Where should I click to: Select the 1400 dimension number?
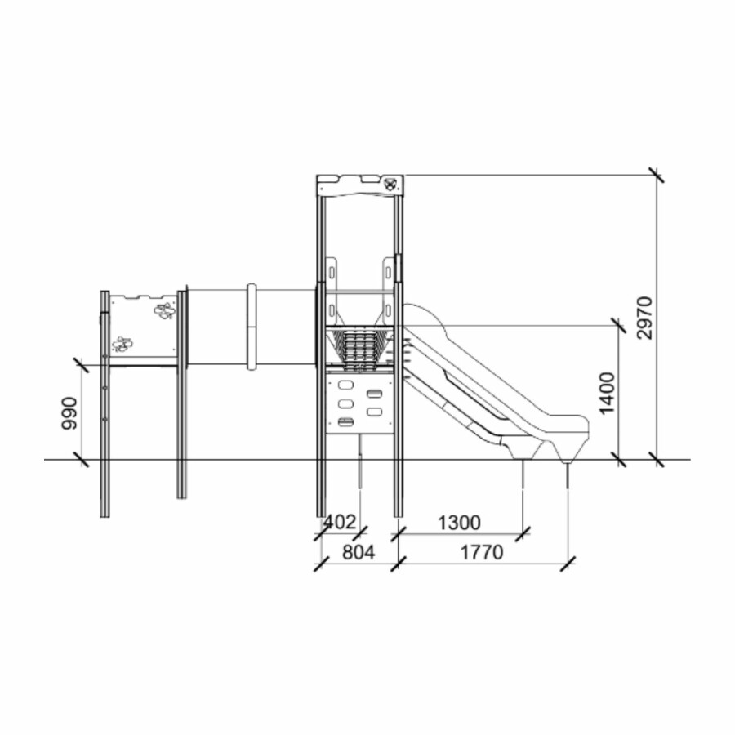(x=608, y=393)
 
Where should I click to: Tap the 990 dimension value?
(x=70, y=413)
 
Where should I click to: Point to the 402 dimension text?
(x=341, y=522)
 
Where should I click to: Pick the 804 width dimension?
(x=359, y=552)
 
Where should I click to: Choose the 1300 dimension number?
(x=459, y=523)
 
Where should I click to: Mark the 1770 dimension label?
(x=481, y=552)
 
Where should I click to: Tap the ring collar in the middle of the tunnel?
(x=252, y=326)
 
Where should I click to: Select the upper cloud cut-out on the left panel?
(x=164, y=311)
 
